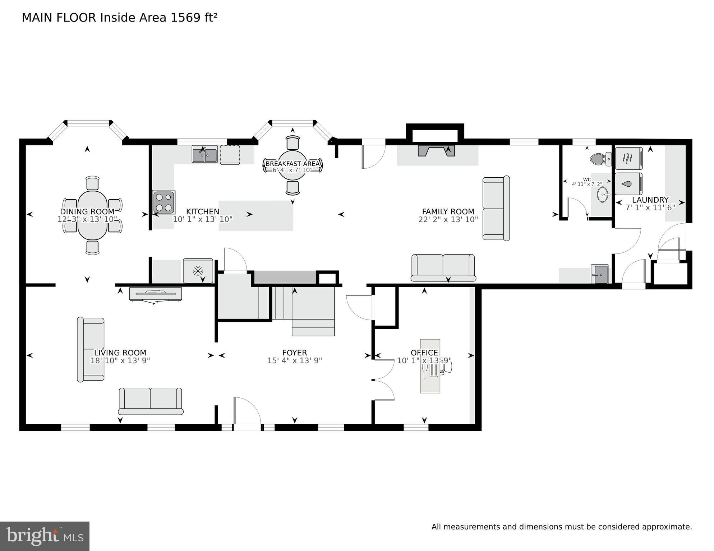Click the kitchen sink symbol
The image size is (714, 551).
[x=204, y=154]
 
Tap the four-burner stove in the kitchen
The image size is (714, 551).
[x=164, y=202]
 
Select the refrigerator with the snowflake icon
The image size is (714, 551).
[x=198, y=271]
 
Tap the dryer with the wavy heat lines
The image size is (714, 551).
[x=628, y=158]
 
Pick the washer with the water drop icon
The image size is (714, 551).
[x=628, y=184]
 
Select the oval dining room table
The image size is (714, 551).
[x=92, y=215]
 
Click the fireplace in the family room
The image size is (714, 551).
[x=436, y=150]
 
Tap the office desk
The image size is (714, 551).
[x=430, y=366]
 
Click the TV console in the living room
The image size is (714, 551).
[x=156, y=294]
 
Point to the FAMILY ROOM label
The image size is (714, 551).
[x=448, y=212]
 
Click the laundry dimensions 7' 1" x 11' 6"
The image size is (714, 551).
[x=650, y=207]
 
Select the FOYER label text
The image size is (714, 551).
[x=294, y=352]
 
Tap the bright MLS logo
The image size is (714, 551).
[x=45, y=536]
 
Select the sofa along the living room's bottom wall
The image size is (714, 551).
[x=150, y=401]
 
